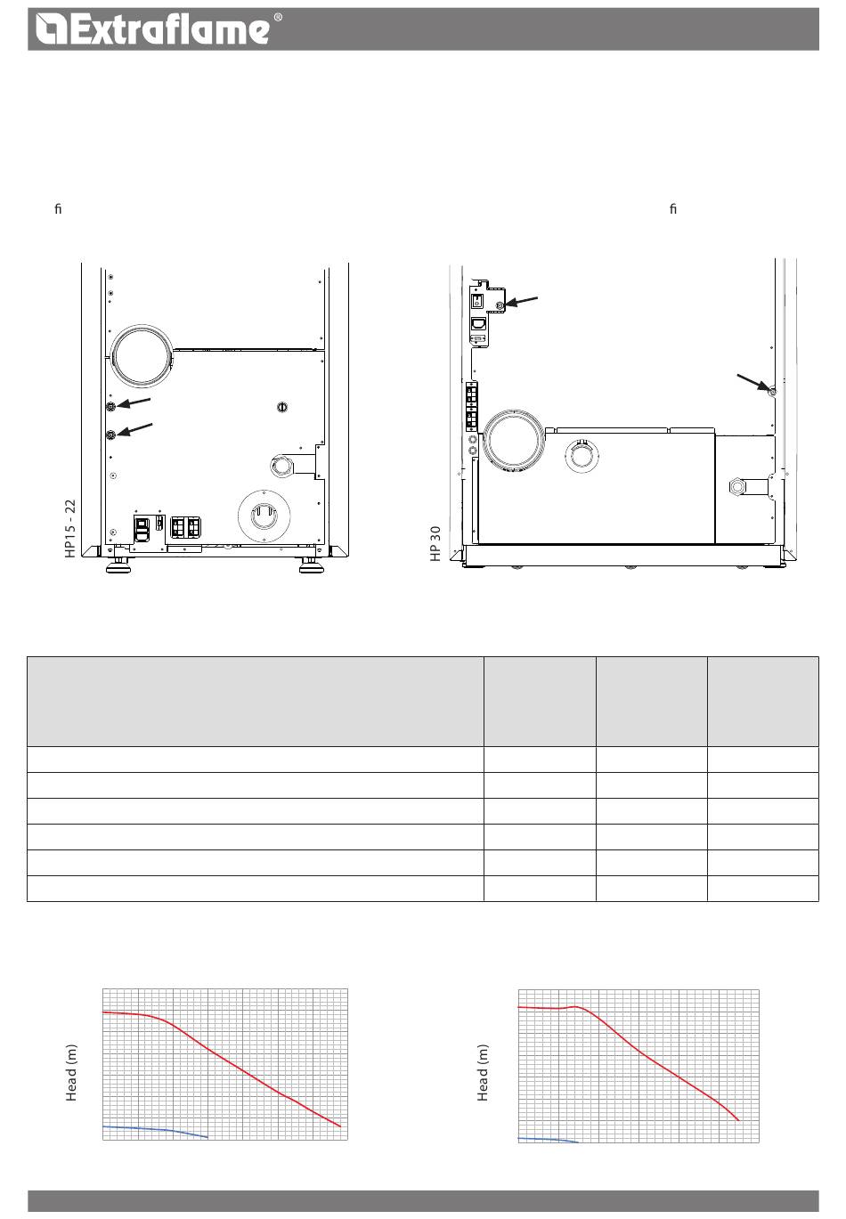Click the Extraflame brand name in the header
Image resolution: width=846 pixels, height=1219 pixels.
[x=173, y=28]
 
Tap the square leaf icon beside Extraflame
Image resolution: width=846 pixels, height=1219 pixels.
[x=51, y=29]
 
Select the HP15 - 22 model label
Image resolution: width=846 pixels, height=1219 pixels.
[x=70, y=528]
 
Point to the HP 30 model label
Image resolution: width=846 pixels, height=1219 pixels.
[x=435, y=544]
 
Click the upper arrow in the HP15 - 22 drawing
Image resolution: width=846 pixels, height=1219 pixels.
[x=134, y=402]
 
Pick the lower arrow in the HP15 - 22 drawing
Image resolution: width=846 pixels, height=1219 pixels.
[x=135, y=429]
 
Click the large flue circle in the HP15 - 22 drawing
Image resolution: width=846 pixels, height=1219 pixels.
[x=141, y=356]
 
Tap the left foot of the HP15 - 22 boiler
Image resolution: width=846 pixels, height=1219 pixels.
[x=118, y=566]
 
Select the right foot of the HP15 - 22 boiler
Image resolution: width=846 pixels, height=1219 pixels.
[x=312, y=566]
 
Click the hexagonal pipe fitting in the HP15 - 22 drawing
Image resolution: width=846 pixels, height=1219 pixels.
[x=281, y=467]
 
